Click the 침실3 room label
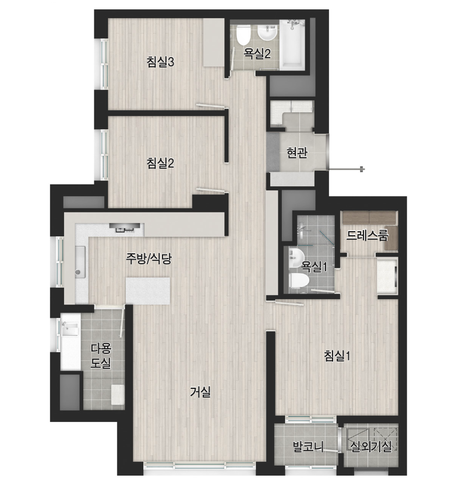(160, 62)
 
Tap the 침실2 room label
(160, 163)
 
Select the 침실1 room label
(337, 356)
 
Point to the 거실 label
(200, 392)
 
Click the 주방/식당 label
(149, 258)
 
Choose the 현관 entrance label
(296, 153)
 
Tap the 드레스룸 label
(367, 235)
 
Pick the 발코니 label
(308, 446)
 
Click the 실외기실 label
(371, 446)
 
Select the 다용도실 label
(101, 356)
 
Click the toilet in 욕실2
(243, 34)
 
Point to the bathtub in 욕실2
(292, 44)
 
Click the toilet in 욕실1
(299, 281)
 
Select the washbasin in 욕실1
(296, 258)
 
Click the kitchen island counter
(148, 291)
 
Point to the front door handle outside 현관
(362, 169)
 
